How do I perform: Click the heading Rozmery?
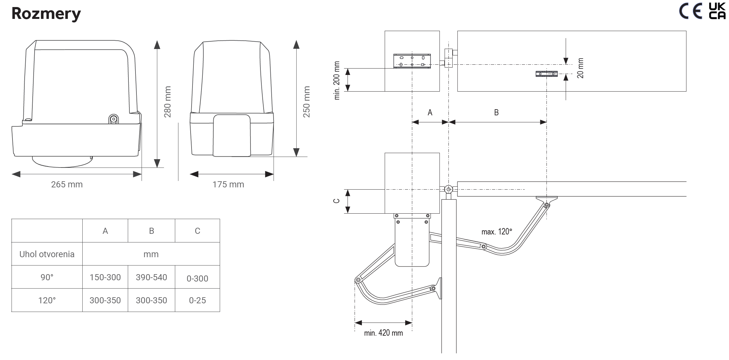[46, 13]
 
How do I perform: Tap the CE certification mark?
[690, 11]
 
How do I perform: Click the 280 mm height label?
[168, 102]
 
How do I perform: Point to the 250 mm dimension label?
[307, 102]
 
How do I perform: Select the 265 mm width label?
[67, 184]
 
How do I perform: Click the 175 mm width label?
[228, 184]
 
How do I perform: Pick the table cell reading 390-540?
[151, 277]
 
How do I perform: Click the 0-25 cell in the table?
[197, 300]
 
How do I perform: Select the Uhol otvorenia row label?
[47, 254]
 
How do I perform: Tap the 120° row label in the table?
[47, 300]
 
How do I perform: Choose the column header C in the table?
[197, 231]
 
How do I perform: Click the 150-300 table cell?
[105, 277]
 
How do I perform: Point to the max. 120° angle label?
[496, 232]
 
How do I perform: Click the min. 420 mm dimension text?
[383, 333]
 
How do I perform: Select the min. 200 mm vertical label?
[337, 80]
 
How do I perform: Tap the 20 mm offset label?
[580, 68]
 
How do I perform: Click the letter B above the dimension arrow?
[496, 112]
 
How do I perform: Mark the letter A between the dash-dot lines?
[430, 112]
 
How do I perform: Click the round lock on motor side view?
[113, 119]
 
